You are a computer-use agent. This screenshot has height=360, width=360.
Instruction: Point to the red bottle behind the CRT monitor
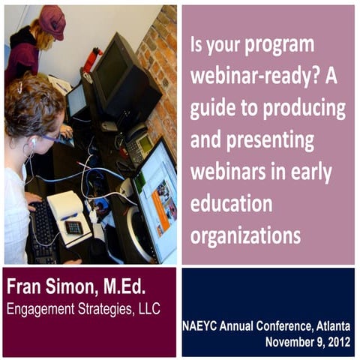coord(93,59)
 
